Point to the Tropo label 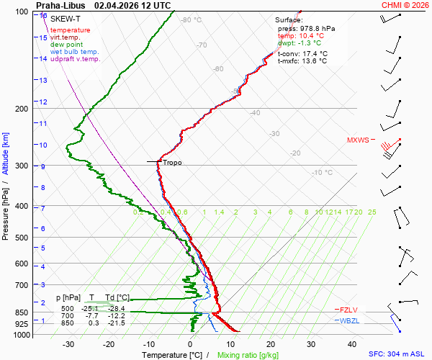click(172, 163)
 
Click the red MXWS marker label click(357, 140)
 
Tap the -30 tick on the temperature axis click(68, 344)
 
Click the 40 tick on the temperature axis click(351, 344)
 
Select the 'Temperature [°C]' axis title click(172, 355)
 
